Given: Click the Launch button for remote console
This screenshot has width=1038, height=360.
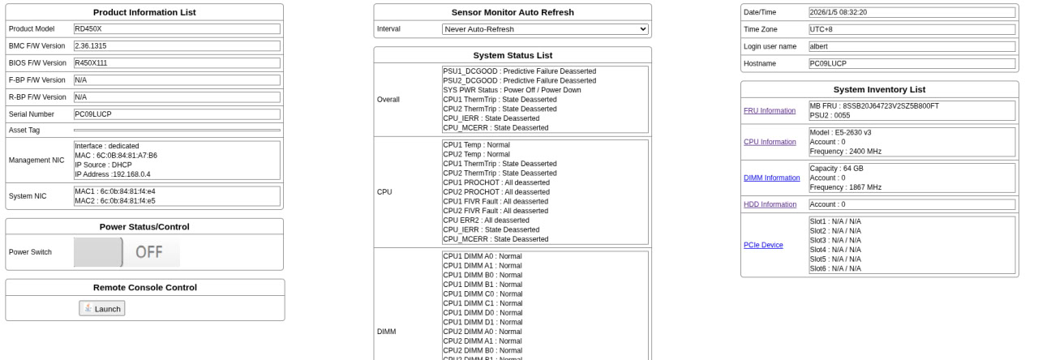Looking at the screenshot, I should [x=102, y=308].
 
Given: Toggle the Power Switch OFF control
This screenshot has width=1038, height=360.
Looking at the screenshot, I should [x=127, y=252].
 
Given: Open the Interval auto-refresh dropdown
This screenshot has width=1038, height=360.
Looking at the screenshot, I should [x=545, y=29].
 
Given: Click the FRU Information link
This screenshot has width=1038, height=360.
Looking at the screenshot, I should [x=770, y=111].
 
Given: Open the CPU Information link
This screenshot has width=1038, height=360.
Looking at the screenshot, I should [x=770, y=142].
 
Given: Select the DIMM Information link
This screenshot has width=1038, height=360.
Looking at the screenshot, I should [x=771, y=178].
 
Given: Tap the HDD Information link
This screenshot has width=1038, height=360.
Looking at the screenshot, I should [x=770, y=204].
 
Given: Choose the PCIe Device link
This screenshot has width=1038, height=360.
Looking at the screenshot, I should [x=763, y=245].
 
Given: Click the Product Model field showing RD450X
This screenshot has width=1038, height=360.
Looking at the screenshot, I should [x=177, y=29].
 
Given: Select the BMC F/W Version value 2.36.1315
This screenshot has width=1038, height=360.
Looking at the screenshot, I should [x=177, y=46].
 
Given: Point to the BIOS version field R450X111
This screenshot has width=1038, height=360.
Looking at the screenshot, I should [x=177, y=63].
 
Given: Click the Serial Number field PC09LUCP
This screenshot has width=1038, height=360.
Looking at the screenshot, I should [x=177, y=114].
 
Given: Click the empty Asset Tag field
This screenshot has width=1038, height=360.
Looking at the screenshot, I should [x=177, y=131].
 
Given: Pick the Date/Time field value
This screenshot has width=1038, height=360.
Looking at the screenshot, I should [x=911, y=12].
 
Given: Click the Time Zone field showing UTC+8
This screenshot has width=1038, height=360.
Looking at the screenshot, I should [x=911, y=29].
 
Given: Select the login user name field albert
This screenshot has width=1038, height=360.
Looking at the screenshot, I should [x=911, y=46].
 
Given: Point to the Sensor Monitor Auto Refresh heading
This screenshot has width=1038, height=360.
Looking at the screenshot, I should [x=513, y=12].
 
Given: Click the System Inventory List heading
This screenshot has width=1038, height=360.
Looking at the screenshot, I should [x=879, y=89].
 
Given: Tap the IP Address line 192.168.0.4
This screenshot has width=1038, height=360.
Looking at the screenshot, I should [x=113, y=174].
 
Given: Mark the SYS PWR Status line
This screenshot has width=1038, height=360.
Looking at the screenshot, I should [x=512, y=90].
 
